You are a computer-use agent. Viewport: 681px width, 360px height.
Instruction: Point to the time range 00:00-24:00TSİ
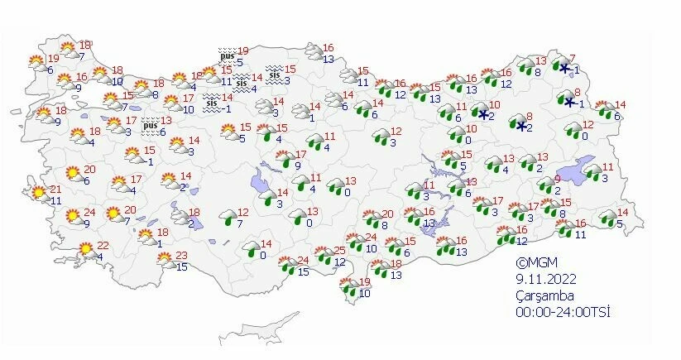click(551, 312)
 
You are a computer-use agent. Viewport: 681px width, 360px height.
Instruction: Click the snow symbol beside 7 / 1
click(564, 68)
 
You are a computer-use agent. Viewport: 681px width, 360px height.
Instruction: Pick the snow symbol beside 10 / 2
click(482, 114)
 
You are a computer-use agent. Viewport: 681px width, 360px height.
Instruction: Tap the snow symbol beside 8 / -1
click(568, 101)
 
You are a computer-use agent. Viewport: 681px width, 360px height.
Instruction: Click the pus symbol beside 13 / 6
click(150, 125)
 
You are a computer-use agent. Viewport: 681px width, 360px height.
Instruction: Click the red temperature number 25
click(338, 251)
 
